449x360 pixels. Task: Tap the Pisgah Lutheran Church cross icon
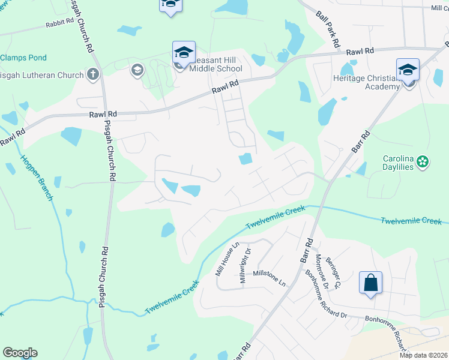(92, 74)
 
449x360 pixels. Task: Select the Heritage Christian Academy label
(367, 82)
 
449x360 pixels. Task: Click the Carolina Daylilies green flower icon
(423, 161)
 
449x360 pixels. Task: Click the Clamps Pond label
(23, 58)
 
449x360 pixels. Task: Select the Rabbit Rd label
(58, 25)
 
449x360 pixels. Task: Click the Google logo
(20, 353)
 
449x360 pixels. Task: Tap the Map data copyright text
(423, 355)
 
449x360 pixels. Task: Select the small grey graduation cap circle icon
(136, 71)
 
